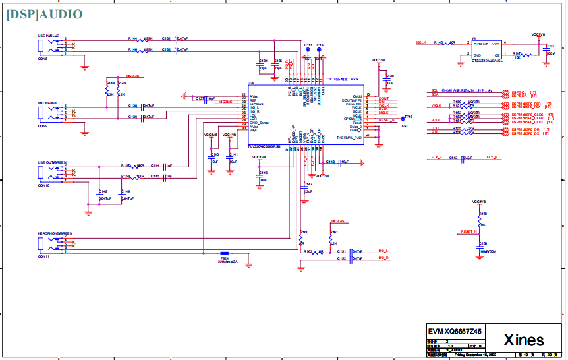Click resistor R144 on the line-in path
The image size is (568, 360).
click(141, 40)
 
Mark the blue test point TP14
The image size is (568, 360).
click(306, 49)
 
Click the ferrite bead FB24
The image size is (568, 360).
click(225, 253)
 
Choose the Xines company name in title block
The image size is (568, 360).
click(524, 340)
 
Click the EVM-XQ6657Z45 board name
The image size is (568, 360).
click(455, 332)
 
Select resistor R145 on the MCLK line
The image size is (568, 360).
click(448, 44)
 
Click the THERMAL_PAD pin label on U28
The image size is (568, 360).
click(349, 138)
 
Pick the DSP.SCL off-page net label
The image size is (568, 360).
click(521, 92)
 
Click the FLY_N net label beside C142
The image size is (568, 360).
click(492, 158)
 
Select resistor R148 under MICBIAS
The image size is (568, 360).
click(107, 89)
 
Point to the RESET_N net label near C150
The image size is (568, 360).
click(469, 232)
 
